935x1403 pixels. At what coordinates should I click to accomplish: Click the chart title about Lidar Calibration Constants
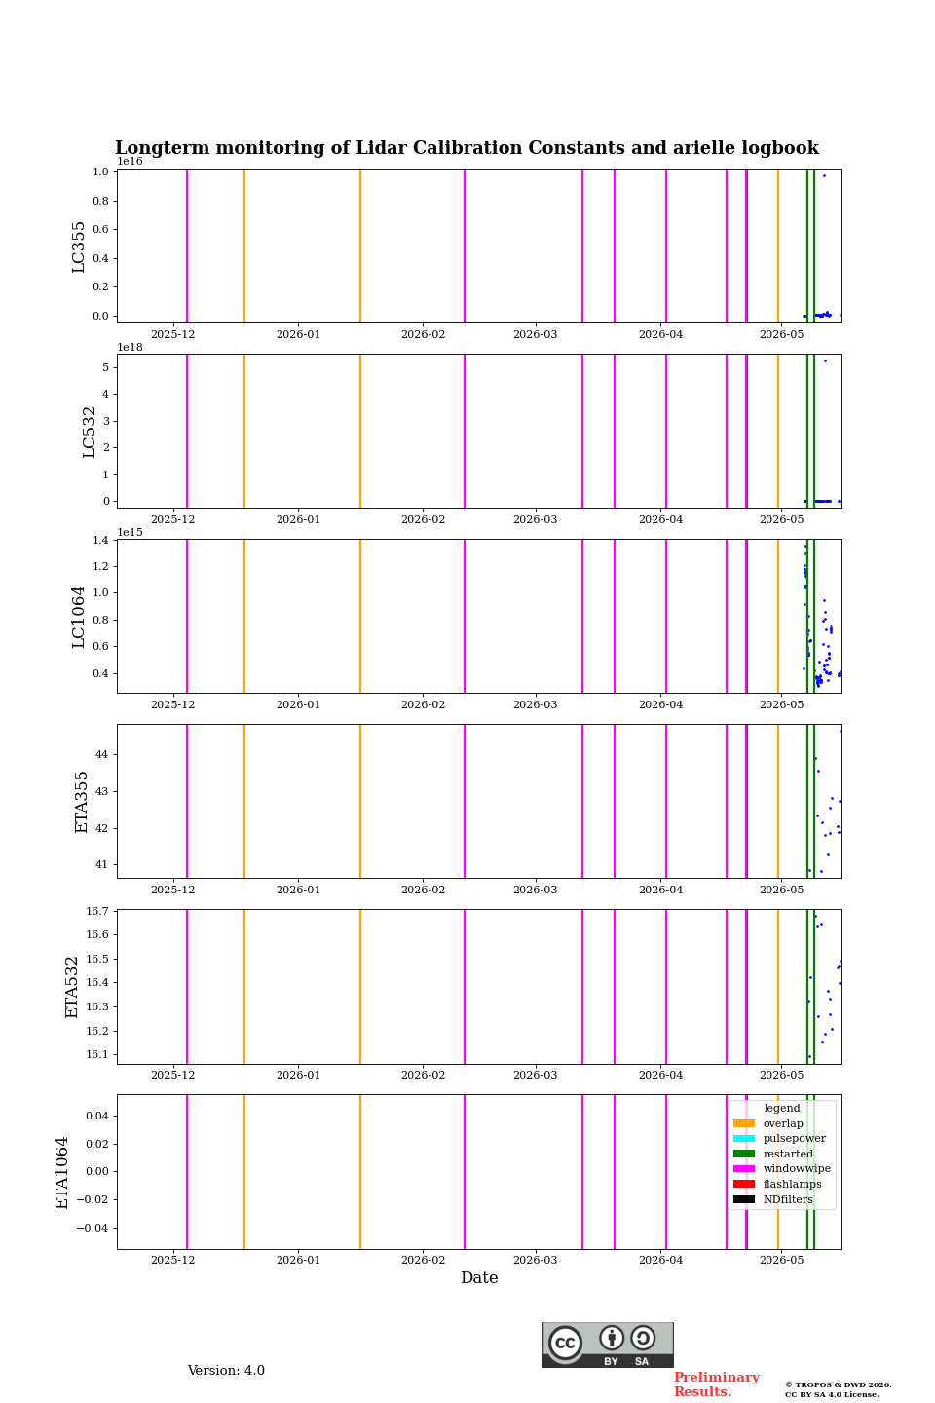pos(467,148)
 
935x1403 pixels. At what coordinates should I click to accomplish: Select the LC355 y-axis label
pos(78,246)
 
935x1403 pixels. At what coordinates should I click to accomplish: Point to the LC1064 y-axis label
pos(78,617)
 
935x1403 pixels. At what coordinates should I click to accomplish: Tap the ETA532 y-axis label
pos(72,987)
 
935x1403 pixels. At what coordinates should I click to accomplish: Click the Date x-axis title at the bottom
pos(479,1278)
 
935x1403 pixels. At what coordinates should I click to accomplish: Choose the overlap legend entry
pos(782,1123)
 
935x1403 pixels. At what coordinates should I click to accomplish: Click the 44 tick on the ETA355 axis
pos(101,755)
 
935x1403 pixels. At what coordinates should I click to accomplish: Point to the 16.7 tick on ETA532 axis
pos(97,911)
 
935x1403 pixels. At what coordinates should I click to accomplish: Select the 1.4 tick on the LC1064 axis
pos(100,540)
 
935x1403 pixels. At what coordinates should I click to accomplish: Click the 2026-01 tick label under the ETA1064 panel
pos(298,1260)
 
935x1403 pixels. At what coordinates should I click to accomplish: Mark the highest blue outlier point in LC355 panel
pos(824,176)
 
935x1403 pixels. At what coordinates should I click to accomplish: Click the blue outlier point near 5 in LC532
pos(825,360)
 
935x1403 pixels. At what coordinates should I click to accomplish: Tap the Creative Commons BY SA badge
pos(608,1345)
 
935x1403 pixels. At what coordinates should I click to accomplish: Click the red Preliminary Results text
pos(717,1384)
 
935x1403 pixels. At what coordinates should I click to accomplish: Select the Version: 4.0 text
pos(226,1371)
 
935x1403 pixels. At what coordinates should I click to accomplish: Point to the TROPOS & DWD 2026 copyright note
pos(838,1384)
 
